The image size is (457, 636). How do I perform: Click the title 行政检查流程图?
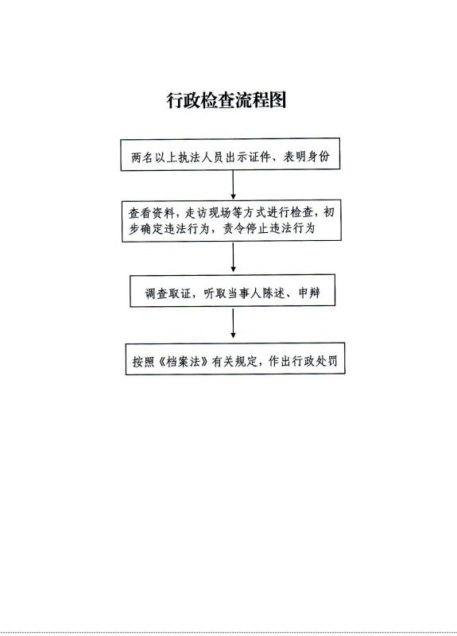pos(227,100)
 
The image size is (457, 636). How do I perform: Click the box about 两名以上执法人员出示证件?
pos(230,154)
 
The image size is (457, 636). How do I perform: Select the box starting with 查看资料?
pos(231,221)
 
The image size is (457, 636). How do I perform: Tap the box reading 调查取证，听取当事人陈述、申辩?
pos(232,290)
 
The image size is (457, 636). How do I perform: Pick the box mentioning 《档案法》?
pos(235,359)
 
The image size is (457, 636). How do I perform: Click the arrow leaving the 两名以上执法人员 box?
pos(233,185)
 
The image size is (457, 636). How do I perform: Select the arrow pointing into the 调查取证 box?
pos(233,258)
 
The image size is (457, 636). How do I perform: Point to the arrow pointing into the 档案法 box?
pos(233,324)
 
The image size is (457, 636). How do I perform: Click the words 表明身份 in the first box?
pos(306,157)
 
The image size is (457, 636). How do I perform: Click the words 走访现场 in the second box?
pos(208,212)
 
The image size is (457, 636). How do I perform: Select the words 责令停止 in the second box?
pos(246,229)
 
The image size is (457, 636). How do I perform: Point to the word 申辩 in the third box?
pos(309,293)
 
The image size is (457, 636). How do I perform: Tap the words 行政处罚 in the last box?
pos(314,361)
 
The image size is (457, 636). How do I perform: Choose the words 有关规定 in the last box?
pos(234,361)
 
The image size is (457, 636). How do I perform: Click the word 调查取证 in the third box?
pos(168,293)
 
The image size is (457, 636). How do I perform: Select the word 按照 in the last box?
pos(144,362)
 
